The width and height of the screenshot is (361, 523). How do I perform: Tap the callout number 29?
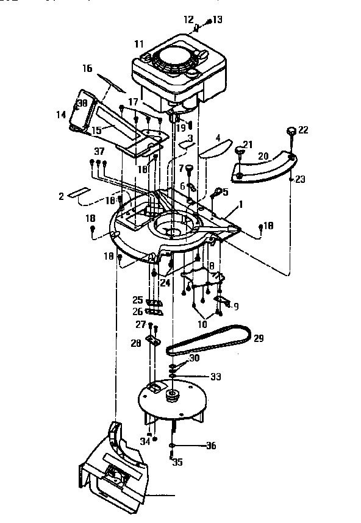(x=259, y=338)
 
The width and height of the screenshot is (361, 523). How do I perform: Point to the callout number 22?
(x=303, y=130)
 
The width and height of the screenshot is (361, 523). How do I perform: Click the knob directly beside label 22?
(x=291, y=130)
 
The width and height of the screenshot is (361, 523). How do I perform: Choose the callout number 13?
(x=217, y=20)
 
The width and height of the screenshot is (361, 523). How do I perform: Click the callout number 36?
(x=211, y=446)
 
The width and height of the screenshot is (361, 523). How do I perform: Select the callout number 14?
(x=61, y=114)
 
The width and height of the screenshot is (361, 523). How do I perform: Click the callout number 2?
(x=61, y=196)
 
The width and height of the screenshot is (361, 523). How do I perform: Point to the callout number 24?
(x=165, y=282)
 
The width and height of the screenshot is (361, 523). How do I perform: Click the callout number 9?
(x=236, y=306)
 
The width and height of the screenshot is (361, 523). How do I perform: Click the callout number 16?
(x=87, y=68)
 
